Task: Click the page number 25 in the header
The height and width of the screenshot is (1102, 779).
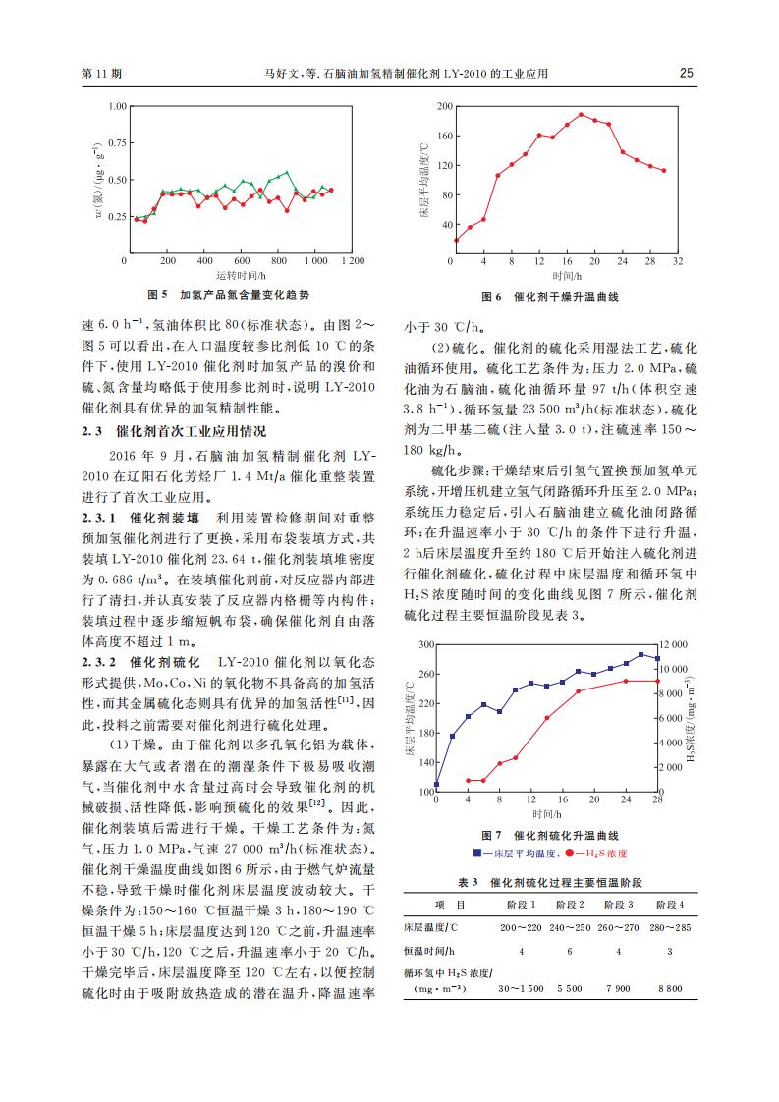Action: point(687,73)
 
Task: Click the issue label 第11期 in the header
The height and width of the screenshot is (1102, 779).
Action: point(101,74)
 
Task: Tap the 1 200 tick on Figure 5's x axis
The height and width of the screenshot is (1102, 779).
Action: point(349,261)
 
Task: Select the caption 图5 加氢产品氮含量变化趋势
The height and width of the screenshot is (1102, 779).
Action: point(228,295)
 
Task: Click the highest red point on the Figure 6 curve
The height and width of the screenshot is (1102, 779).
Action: point(581,114)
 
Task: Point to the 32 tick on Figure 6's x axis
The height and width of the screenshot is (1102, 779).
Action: point(678,261)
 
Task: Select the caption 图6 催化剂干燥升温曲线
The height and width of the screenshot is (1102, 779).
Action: point(550,297)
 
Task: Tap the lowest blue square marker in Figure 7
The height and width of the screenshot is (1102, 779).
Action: point(436,785)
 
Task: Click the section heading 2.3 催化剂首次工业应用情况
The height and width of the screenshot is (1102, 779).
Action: point(173,431)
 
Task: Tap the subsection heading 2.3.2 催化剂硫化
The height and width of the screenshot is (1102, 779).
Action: point(141,663)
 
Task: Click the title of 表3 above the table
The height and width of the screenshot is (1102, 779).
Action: point(550,881)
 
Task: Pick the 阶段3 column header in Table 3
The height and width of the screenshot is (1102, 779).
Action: point(616,904)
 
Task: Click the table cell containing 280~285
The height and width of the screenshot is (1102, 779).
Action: point(669,927)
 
